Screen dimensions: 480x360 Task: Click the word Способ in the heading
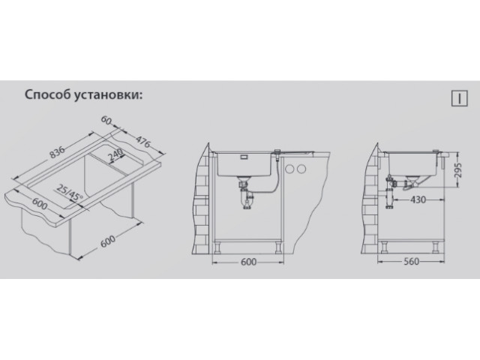(47, 94)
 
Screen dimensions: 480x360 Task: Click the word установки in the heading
(107, 95)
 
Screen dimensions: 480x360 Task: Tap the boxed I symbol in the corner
(459, 98)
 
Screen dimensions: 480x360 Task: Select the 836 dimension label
(58, 153)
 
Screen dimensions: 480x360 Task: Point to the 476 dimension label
(143, 142)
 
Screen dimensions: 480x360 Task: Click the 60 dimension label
(106, 120)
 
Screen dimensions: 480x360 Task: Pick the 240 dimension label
(115, 155)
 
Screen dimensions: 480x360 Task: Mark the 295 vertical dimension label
(457, 170)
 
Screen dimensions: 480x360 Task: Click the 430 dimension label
(418, 199)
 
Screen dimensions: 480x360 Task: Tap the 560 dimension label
(411, 262)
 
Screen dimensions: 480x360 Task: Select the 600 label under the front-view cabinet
(248, 262)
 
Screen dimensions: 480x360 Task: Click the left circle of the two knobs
(289, 169)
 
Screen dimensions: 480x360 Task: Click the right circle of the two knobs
(301, 169)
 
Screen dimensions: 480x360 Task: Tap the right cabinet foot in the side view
(435, 247)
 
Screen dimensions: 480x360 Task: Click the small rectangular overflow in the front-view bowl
(244, 157)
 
